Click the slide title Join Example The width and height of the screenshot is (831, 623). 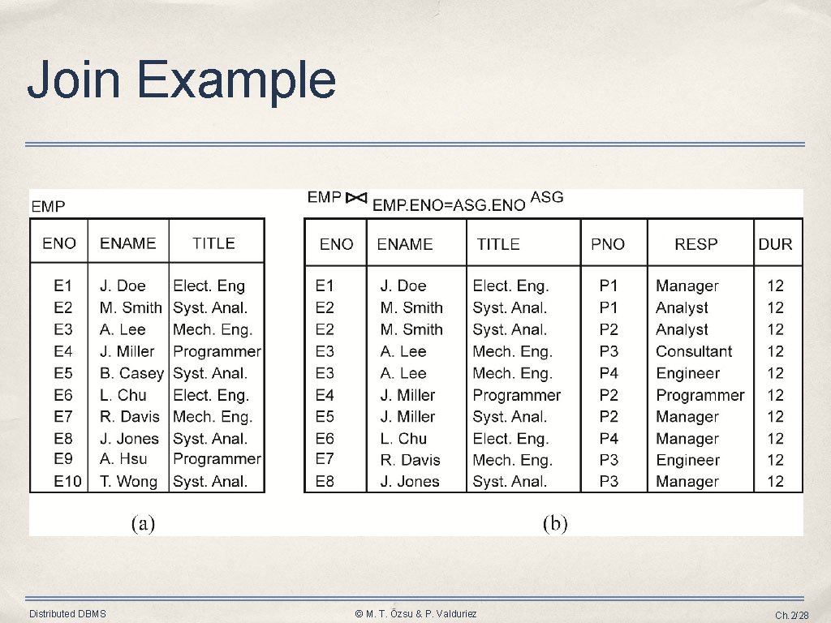(x=181, y=81)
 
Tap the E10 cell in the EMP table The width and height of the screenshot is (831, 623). (x=67, y=481)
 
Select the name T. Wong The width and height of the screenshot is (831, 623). (x=128, y=481)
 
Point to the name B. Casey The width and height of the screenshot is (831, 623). (x=131, y=373)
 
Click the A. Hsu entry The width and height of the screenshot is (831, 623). (x=123, y=459)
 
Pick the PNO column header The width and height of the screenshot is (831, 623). (x=608, y=243)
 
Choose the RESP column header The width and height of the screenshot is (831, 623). (x=695, y=243)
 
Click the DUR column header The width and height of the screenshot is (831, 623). (x=775, y=243)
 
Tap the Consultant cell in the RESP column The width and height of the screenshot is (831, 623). (x=694, y=351)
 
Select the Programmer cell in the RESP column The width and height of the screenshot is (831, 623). (x=700, y=395)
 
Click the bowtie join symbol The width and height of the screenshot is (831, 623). (x=356, y=198)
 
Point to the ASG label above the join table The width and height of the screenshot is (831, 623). (x=546, y=197)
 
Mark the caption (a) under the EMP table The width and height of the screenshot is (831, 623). (x=144, y=523)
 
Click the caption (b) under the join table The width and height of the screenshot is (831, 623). (x=555, y=523)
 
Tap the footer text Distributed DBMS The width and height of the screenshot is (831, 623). (x=67, y=614)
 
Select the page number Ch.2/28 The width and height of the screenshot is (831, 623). (x=791, y=615)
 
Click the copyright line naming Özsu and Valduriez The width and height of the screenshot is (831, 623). (x=415, y=614)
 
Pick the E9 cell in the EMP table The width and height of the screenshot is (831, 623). (x=63, y=459)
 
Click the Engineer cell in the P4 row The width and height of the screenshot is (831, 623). (x=687, y=373)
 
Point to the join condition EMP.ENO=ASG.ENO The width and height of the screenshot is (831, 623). (x=449, y=205)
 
